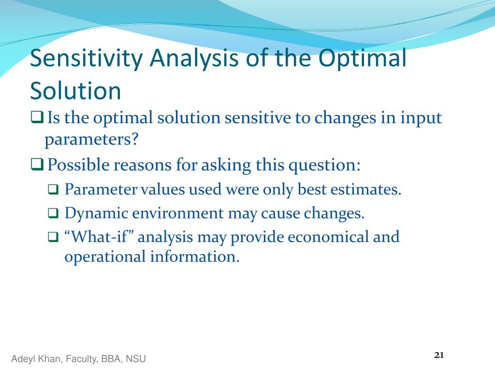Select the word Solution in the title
[x=75, y=91]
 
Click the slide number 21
[x=439, y=355]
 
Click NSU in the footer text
[x=136, y=359]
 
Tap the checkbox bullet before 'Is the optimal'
[x=37, y=117]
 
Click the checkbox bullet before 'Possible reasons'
[x=37, y=164]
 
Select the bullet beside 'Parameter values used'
[x=53, y=189]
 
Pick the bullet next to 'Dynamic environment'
[x=53, y=213]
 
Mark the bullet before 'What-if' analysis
[x=53, y=237]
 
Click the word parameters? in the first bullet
[x=91, y=140]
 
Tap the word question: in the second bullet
[x=324, y=165]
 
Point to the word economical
[x=328, y=237]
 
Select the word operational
[x=105, y=257]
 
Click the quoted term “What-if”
[x=99, y=237]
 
